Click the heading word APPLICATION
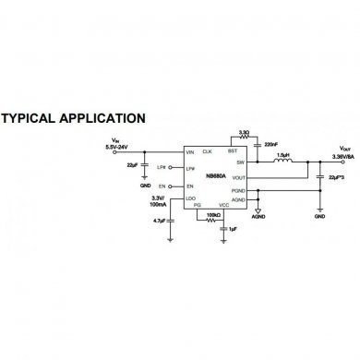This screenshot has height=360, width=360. click(x=102, y=118)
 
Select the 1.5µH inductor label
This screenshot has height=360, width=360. click(x=284, y=154)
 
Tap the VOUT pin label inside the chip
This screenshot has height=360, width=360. click(x=238, y=177)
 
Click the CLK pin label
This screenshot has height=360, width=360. click(x=207, y=150)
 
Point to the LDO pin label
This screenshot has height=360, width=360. click(x=190, y=197)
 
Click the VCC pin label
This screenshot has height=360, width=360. click(x=223, y=204)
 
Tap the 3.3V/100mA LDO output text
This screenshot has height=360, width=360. click(x=159, y=200)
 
